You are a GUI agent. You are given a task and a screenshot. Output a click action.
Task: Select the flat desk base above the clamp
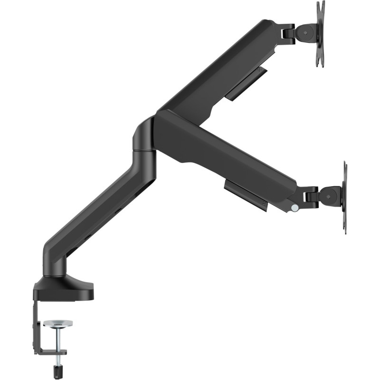pyautogui.click(x=64, y=290)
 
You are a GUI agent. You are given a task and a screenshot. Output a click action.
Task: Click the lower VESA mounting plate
pyautogui.click(x=344, y=197)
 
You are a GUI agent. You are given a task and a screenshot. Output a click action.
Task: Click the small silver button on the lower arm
pyautogui.click(x=295, y=208)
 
